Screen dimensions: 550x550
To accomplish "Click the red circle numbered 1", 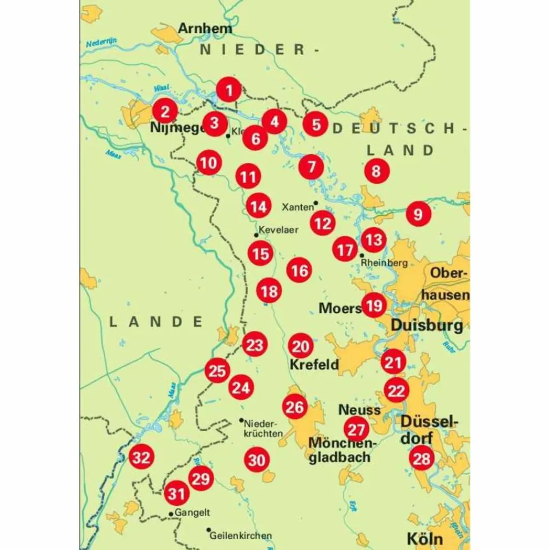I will [229, 90].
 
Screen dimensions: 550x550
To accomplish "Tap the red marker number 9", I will [418, 214].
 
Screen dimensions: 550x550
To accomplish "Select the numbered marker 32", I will [141, 458].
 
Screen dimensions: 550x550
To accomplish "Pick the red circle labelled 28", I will [422, 459].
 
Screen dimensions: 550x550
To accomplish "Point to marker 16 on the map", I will [299, 270].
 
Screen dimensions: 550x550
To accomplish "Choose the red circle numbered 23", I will [255, 344].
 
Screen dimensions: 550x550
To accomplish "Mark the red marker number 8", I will [376, 171].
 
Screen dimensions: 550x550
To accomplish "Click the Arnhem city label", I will [205, 28].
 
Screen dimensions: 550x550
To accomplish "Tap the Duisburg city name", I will [426, 325].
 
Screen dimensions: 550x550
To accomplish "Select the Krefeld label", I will [314, 365].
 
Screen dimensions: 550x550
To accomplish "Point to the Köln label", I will [424, 538].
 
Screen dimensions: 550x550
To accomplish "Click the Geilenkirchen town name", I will [241, 535].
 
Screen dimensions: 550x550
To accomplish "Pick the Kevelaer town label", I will [278, 230].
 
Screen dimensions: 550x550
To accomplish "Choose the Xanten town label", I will [297, 207].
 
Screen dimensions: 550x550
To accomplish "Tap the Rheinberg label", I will [384, 263].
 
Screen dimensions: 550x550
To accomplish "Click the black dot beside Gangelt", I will [171, 514].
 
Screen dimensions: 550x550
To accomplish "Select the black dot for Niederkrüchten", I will [242, 421].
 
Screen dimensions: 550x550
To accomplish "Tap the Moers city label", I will [340, 308].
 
